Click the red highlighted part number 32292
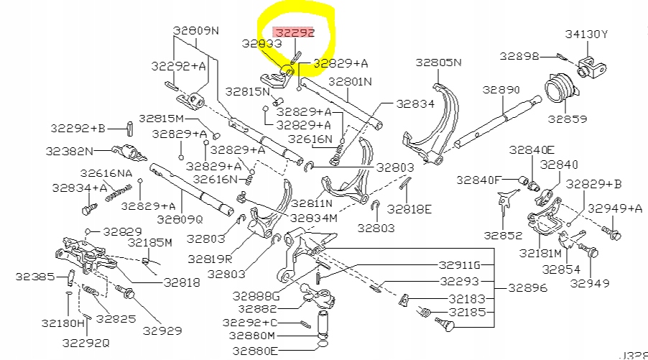click(295, 32)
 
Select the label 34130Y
click(586, 33)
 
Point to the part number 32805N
click(439, 63)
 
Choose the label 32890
click(501, 90)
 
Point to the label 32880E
click(254, 351)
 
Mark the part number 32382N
click(69, 152)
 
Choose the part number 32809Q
click(180, 219)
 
